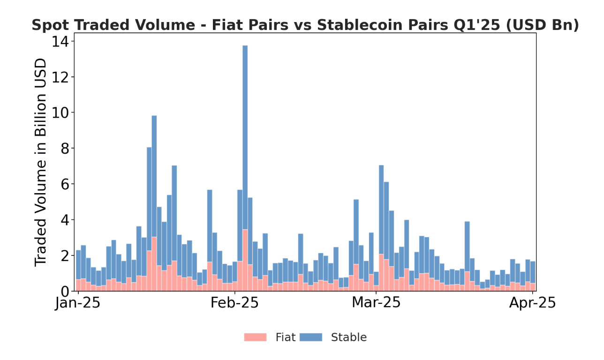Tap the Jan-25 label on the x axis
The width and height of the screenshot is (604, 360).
77,303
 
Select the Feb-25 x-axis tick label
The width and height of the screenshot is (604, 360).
234,303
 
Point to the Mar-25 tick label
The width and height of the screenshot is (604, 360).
376,303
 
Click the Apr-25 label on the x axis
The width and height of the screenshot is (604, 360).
532,303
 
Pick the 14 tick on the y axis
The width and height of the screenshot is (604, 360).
60,42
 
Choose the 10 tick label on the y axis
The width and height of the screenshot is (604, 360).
60,113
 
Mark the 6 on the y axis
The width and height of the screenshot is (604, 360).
65,184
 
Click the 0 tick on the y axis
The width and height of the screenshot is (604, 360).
65,291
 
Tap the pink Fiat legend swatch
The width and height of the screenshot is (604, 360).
255,337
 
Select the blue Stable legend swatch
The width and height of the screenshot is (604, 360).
311,337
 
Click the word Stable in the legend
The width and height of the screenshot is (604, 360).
348,337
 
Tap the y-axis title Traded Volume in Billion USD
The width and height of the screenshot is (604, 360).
41,162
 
